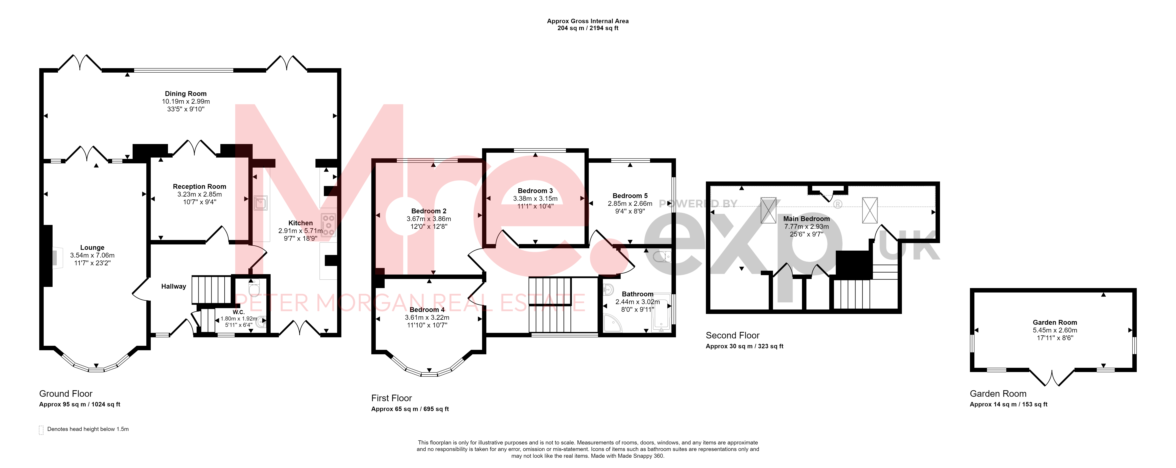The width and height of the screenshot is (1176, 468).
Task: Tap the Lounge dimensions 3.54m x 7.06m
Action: [x=92, y=255]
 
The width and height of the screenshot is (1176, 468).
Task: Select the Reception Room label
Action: [x=199, y=187]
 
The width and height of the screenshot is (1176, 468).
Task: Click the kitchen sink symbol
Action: [x=260, y=203]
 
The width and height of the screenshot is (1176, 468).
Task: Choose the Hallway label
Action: [x=173, y=287]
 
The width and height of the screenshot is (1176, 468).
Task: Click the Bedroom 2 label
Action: [x=429, y=211]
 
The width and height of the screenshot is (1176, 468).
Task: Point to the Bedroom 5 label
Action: [x=630, y=196]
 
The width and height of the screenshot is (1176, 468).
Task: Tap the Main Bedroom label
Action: [x=807, y=219]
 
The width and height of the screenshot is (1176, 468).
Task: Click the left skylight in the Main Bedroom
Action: [x=769, y=210]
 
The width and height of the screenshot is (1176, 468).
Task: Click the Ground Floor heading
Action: [x=66, y=394]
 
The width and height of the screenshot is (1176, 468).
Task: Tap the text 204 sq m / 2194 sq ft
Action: [x=588, y=28]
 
